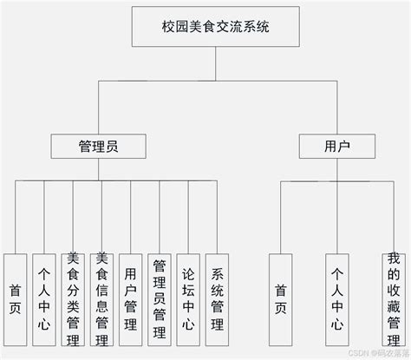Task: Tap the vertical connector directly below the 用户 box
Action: pos(324,170)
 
